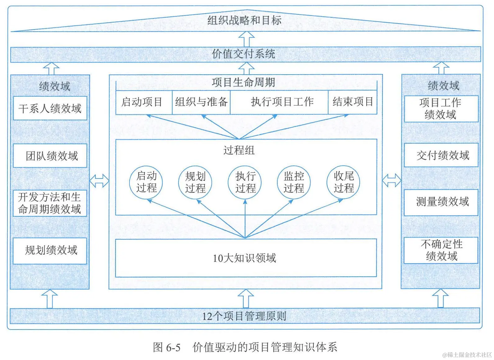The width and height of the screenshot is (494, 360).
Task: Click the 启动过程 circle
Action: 146,182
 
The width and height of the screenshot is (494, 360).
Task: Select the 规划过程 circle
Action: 195,182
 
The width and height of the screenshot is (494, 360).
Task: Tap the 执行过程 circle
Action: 245,182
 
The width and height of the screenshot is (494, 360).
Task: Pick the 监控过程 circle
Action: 294,182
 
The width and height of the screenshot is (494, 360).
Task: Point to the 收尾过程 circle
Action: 343,182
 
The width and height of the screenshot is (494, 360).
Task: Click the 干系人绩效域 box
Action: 50,108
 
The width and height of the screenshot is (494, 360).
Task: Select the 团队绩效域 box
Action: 50,155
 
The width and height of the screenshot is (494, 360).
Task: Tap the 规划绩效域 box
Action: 50,251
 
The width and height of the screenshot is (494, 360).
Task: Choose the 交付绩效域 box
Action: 441,155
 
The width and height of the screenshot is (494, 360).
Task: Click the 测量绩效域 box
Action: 441,202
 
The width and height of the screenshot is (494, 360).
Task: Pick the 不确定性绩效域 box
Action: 441,251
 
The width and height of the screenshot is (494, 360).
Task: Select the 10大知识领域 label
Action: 245,258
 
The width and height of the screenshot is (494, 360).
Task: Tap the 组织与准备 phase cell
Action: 201,102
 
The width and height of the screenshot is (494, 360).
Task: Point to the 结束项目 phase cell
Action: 353,102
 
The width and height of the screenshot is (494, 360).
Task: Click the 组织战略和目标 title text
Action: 245,21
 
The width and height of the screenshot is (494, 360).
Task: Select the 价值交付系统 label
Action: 244,54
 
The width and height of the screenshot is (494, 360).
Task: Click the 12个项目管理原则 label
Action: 244,316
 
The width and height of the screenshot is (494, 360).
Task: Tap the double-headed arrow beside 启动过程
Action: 99,181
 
